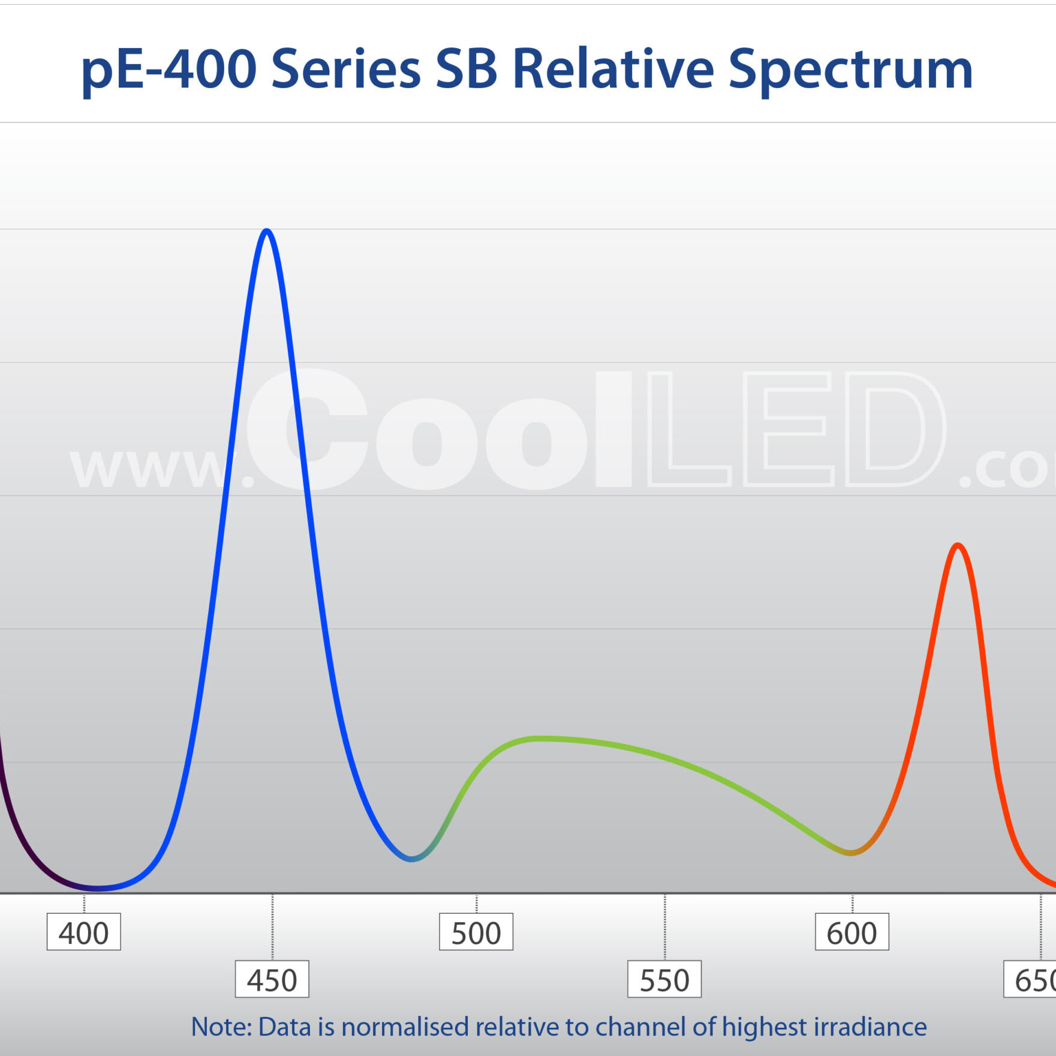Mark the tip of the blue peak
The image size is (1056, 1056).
[267, 231]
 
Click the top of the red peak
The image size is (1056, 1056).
[958, 545]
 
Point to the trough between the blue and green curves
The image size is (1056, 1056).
[411, 859]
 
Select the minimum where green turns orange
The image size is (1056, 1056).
[850, 852]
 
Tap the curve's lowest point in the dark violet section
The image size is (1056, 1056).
[97, 888]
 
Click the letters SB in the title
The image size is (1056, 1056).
[466, 70]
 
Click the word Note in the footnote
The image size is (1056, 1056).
[221, 1027]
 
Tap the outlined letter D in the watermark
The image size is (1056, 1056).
[895, 429]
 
